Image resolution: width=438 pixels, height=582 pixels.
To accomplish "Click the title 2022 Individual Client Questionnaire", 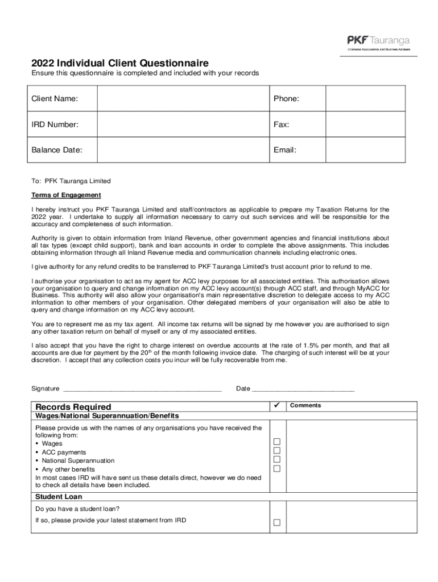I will pos(120,63).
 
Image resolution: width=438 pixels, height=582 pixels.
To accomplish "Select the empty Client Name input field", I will pos(183,99).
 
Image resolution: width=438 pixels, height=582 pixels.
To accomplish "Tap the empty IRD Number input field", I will pos(183,124).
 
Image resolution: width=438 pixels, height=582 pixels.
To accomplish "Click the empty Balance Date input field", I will pos(183,150).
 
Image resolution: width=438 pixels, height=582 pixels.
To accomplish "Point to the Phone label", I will pos(286,99).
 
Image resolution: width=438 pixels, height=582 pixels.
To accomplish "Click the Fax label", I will pos(281,124).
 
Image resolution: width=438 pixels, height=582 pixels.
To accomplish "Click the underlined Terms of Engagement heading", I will pos(66,195).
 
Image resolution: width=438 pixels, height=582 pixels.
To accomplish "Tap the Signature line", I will pos(142,389).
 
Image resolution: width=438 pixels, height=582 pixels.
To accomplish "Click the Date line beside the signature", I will pos(303,389).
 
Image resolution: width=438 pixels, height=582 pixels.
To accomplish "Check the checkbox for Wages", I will pos(277,442).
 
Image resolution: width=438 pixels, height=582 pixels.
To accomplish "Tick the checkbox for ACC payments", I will pos(277,451).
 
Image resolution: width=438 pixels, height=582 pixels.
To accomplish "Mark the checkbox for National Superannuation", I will pos(277,460).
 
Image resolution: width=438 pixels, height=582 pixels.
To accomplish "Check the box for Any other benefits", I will pos(277,469).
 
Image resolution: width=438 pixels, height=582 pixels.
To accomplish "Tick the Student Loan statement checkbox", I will pos(277,523).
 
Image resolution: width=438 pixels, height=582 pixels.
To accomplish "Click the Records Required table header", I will pos(73,407).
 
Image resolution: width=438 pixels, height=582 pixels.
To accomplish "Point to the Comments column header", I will pos(305,405).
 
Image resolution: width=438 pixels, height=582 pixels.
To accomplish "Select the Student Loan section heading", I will pos(59,497).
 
